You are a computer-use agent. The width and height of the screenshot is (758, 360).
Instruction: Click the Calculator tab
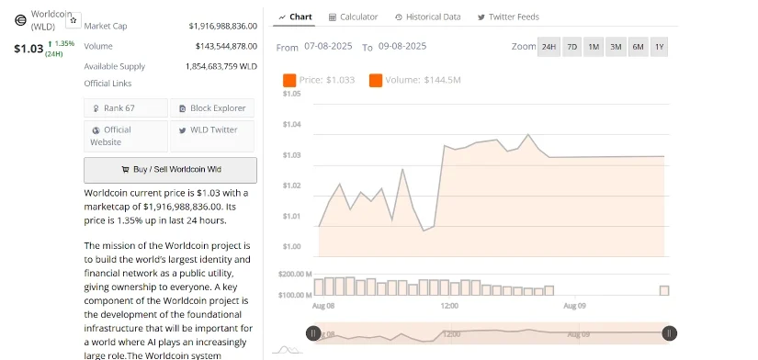pyautogui.click(x=353, y=17)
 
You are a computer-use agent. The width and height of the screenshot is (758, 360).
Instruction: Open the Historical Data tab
pyautogui.click(x=427, y=17)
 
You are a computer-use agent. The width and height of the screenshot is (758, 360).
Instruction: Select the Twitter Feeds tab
pyautogui.click(x=508, y=17)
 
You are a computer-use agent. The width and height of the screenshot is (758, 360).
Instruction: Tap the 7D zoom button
pyautogui.click(x=571, y=47)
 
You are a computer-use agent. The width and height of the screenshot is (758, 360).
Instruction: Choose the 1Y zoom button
pyautogui.click(x=659, y=47)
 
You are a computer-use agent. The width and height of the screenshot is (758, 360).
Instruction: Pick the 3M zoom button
pyautogui.click(x=616, y=47)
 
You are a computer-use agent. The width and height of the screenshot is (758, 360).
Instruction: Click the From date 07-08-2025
pyautogui.click(x=328, y=47)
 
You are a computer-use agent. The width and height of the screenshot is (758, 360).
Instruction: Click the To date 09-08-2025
pyautogui.click(x=402, y=47)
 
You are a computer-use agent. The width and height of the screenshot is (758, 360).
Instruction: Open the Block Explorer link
pyautogui.click(x=212, y=108)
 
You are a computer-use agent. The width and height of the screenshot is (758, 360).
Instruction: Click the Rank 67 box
pyautogui.click(x=126, y=108)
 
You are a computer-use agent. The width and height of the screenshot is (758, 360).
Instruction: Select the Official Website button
pyautogui.click(x=126, y=136)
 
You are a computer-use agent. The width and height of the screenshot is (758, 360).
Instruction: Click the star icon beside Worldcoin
pyautogui.click(x=74, y=20)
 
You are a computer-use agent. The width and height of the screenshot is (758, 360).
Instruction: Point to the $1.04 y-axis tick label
pyautogui.click(x=292, y=125)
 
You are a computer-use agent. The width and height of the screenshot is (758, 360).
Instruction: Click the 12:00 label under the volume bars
pyautogui.click(x=449, y=306)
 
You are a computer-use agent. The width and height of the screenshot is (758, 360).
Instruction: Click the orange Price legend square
pyautogui.click(x=289, y=80)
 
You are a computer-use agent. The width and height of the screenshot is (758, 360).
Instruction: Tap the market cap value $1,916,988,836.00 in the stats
pyautogui.click(x=223, y=26)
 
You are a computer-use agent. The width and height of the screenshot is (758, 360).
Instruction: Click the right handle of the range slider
pyautogui.click(x=670, y=333)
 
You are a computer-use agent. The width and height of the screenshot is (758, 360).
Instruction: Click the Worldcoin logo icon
pyautogui.click(x=20, y=20)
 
